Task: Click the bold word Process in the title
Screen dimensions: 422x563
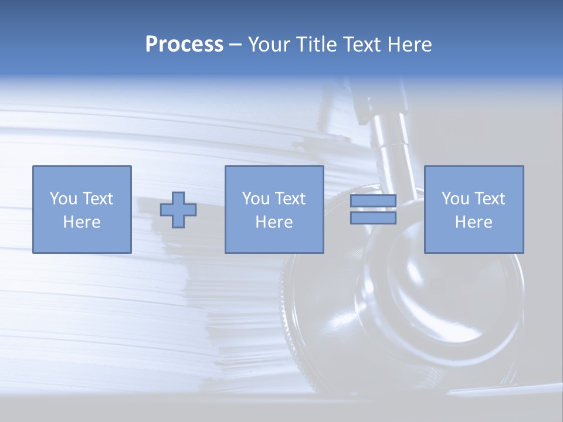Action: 184,45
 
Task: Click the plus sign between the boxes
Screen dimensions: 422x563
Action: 178,210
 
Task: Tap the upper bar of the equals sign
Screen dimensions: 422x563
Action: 373,201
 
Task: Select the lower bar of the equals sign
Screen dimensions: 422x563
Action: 373,218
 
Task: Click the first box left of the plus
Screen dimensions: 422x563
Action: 82,176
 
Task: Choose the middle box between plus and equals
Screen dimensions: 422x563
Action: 274,176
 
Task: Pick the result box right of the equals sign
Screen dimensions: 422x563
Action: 473,176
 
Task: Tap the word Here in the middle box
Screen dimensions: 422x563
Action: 274,222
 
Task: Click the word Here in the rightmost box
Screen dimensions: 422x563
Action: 473,222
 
